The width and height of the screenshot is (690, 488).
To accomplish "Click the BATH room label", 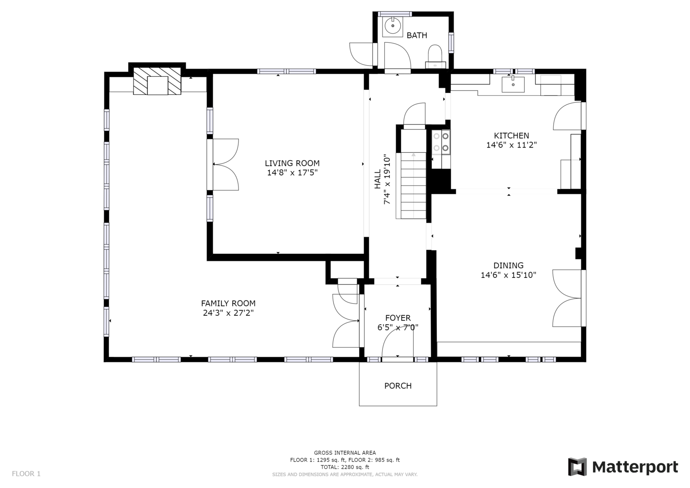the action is point(417,35).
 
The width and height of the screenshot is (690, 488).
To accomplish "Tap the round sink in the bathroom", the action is point(393,26).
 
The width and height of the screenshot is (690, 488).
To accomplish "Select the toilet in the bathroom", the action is point(435,56).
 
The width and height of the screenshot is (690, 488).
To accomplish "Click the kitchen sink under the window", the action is point(513,84).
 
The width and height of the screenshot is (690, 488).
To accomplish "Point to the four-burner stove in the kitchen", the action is point(441,142).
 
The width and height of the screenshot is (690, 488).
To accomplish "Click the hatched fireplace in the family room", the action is point(157,81).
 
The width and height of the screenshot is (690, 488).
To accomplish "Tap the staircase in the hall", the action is point(414,185).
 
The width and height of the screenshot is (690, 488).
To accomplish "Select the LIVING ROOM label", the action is point(292,163).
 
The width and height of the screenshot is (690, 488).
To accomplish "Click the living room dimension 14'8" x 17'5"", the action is point(292,173).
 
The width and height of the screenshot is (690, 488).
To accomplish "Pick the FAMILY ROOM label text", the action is point(228,303).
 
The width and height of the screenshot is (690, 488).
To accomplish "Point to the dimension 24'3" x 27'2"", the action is point(228,313).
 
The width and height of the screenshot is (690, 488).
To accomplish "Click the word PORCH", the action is point(398,386).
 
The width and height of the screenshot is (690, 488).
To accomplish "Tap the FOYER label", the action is point(398,318).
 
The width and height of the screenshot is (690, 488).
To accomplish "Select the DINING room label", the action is point(508,265).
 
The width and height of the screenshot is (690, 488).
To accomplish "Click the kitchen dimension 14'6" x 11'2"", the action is point(511,145).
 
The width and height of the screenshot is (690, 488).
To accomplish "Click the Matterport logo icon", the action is point(577,467).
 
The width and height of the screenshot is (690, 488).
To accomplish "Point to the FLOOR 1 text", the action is point(26,474).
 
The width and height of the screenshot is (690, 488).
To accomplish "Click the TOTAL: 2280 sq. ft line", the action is point(345,467).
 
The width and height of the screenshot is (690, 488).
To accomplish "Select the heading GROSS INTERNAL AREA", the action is point(345,453).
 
